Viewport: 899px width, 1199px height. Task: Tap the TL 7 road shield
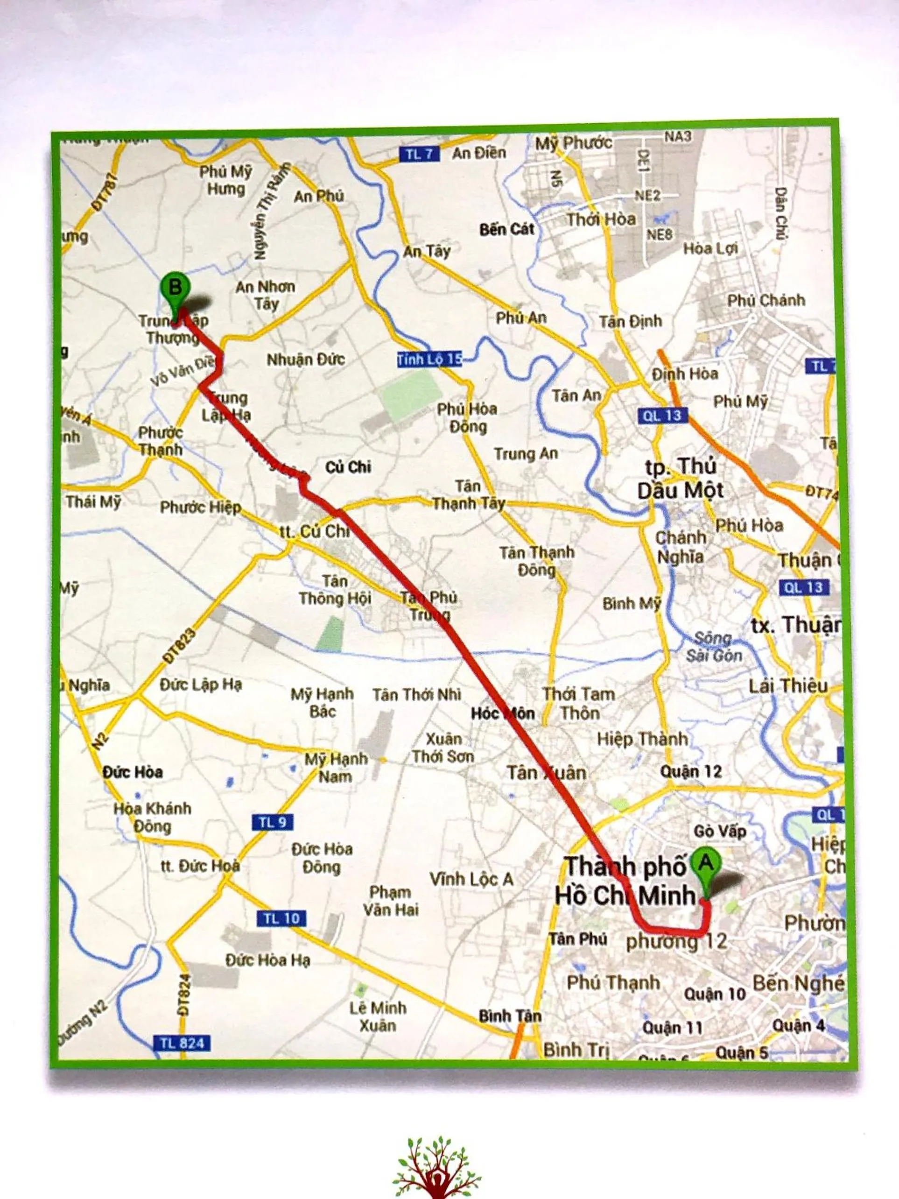coord(420,155)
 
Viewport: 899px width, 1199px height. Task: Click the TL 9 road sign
coord(273,822)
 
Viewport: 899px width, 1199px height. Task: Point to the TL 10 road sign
coord(281,918)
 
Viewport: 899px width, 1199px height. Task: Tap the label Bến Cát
coord(506,229)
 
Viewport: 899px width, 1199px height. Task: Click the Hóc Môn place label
coord(503,713)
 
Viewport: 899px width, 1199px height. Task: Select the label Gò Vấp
coord(720,831)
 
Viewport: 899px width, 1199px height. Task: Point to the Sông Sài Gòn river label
coord(714,647)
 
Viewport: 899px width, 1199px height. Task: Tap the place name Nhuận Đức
coord(306,360)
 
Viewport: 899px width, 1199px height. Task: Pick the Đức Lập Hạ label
coord(201,684)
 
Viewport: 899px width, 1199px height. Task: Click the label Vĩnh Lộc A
coord(471,879)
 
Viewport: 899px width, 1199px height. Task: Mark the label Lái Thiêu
coord(788,686)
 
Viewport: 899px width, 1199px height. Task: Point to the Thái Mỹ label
coord(93,502)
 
